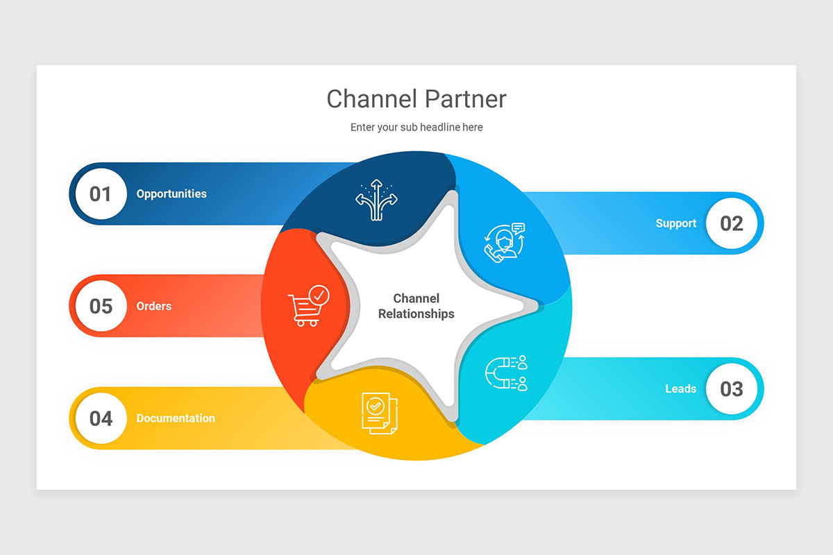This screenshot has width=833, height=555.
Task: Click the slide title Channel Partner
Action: (416, 99)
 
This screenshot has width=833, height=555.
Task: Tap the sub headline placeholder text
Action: (416, 127)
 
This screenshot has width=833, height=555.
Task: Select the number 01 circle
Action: (101, 194)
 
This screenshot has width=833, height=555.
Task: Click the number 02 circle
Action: (732, 223)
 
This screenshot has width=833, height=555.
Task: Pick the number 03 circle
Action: (732, 388)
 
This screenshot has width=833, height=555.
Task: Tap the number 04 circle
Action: (101, 418)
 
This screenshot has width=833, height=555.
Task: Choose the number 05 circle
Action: (101, 306)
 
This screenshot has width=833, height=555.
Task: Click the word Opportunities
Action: (171, 194)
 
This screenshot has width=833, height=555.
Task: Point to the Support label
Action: (675, 223)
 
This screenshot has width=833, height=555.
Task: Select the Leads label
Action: (680, 388)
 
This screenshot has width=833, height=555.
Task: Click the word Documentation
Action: (176, 418)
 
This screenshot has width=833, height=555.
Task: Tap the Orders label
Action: (153, 306)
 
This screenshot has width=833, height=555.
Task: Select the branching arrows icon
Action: (376, 200)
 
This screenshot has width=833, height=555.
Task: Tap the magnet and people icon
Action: (505, 373)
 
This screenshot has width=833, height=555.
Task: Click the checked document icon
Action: (379, 413)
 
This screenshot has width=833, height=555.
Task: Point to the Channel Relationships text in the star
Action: (416, 306)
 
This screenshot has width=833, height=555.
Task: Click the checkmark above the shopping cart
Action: (319, 296)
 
